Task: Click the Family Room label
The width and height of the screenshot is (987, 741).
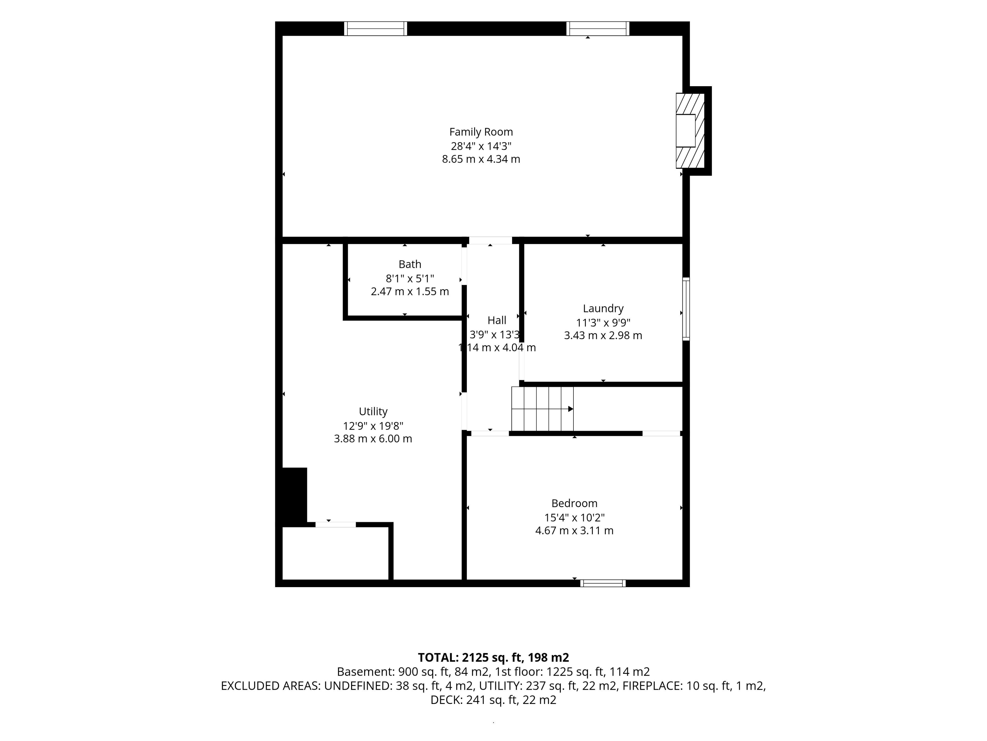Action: pyautogui.click(x=481, y=132)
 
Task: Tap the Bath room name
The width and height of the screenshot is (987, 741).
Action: pyautogui.click(x=410, y=264)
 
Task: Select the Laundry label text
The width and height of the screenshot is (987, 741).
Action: pyautogui.click(x=603, y=309)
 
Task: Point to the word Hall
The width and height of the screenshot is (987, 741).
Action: pyautogui.click(x=497, y=320)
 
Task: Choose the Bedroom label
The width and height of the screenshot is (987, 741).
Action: pyautogui.click(x=574, y=503)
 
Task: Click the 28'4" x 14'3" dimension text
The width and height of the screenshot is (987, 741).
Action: pyautogui.click(x=481, y=146)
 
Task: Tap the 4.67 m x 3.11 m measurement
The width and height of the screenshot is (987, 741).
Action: pyautogui.click(x=574, y=531)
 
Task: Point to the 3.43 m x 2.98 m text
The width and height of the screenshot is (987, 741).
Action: pyautogui.click(x=603, y=336)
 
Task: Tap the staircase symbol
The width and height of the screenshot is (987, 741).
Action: pyautogui.click(x=542, y=409)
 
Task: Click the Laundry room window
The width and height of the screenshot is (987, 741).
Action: pyautogui.click(x=686, y=309)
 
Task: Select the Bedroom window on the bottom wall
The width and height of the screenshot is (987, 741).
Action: pyautogui.click(x=603, y=583)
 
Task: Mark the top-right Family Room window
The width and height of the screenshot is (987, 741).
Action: pyautogui.click(x=598, y=29)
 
